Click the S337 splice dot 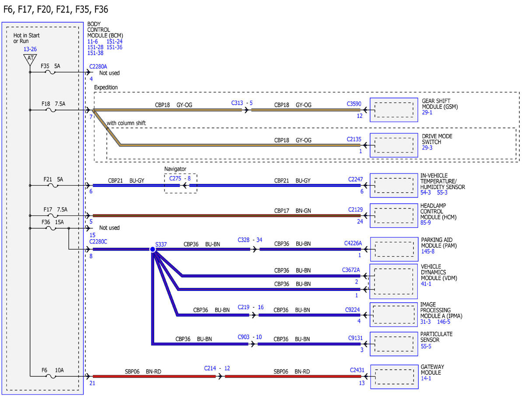[x=152, y=249]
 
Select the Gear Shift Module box [x=394, y=110]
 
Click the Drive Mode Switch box [x=394, y=145]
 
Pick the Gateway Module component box [x=394, y=377]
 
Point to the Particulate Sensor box [x=394, y=344]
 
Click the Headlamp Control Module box [x=394, y=215]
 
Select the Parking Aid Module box [x=394, y=249]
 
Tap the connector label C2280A [x=98, y=67]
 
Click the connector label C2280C [x=98, y=242]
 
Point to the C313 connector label [x=237, y=103]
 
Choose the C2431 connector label [x=357, y=370]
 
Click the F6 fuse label [x=45, y=370]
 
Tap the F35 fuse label [x=45, y=66]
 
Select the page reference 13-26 [x=30, y=49]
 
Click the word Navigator [x=175, y=169]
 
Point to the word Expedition [x=106, y=87]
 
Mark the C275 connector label [x=175, y=178]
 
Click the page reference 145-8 [x=427, y=251]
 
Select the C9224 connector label [x=352, y=310]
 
